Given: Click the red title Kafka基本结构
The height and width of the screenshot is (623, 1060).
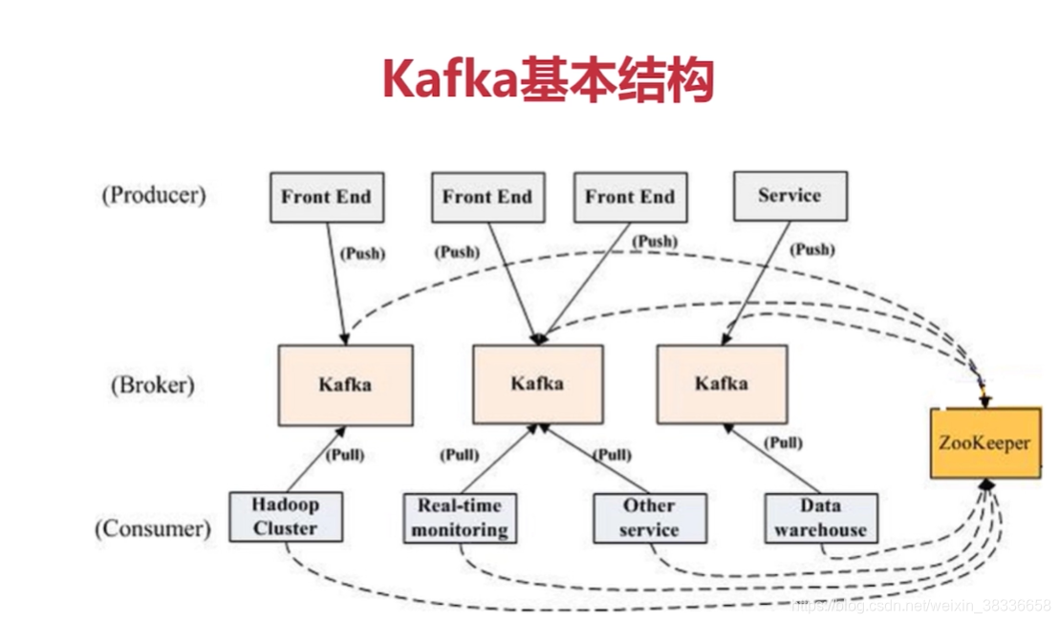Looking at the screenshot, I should tap(548, 80).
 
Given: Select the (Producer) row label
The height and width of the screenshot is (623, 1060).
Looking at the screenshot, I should tap(153, 195).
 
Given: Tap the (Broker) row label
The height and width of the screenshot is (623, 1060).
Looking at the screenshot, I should tap(152, 385).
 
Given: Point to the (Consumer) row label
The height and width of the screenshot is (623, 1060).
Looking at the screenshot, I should tap(152, 527).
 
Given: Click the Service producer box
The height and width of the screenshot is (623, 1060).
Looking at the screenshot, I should tap(789, 195).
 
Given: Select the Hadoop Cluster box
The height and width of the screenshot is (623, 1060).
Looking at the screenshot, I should tap(285, 516).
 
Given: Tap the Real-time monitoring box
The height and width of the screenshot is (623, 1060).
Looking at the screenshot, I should tap(459, 517).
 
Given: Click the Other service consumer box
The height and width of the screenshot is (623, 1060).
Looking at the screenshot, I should tap(649, 517).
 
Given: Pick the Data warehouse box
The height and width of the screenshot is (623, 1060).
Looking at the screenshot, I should tap(820, 517).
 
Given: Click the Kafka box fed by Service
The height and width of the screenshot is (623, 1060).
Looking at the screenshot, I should tap(722, 384).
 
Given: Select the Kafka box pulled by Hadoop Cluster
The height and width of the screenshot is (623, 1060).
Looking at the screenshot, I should tap(345, 385).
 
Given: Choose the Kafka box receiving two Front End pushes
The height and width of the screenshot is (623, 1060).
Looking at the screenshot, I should tap(537, 384).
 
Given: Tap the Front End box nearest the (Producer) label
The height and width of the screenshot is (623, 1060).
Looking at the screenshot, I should tap(325, 197).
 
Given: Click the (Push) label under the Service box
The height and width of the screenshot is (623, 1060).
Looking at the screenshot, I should tap(812, 249).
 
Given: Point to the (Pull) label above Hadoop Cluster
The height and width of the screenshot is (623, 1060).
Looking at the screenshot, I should tap(345, 455).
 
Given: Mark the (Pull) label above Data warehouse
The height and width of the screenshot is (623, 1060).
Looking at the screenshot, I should tap(784, 442).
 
